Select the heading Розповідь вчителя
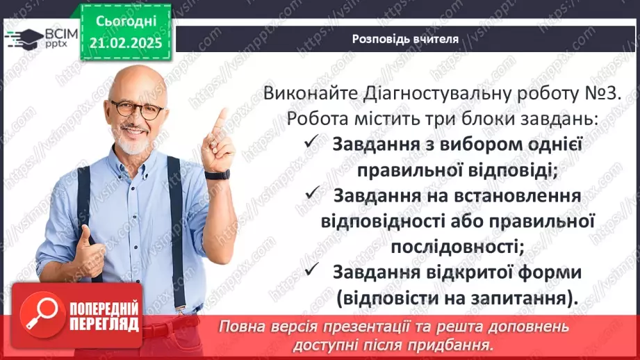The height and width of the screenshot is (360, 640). pos(404,39)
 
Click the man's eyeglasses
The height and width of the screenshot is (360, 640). pos(137,108)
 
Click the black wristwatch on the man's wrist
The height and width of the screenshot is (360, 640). pos(218,174)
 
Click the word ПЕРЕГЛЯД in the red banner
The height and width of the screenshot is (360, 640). pos(104,324)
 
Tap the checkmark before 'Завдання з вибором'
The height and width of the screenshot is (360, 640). pos(310,143)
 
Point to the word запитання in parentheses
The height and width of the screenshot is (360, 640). pos(510,298)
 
